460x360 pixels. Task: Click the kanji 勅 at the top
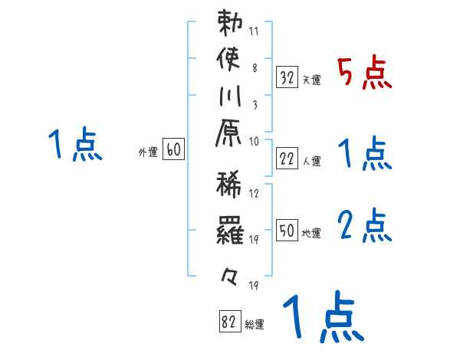pyautogui.click(x=230, y=24)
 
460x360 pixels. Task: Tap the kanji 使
pyautogui.click(x=230, y=59)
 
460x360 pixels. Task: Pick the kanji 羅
pyautogui.click(x=230, y=229)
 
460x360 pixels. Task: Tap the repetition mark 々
pyautogui.click(x=230, y=273)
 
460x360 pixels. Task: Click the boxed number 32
pyautogui.click(x=287, y=77)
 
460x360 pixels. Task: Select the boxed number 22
pyautogui.click(x=287, y=159)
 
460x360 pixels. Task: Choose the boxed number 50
pyautogui.click(x=287, y=231)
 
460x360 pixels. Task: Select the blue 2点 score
pyautogui.click(x=364, y=227)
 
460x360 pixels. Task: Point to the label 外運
pyautogui.click(x=148, y=153)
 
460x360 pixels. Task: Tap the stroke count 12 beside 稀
pyautogui.click(x=255, y=194)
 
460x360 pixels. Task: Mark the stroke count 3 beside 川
pyautogui.click(x=255, y=103)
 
